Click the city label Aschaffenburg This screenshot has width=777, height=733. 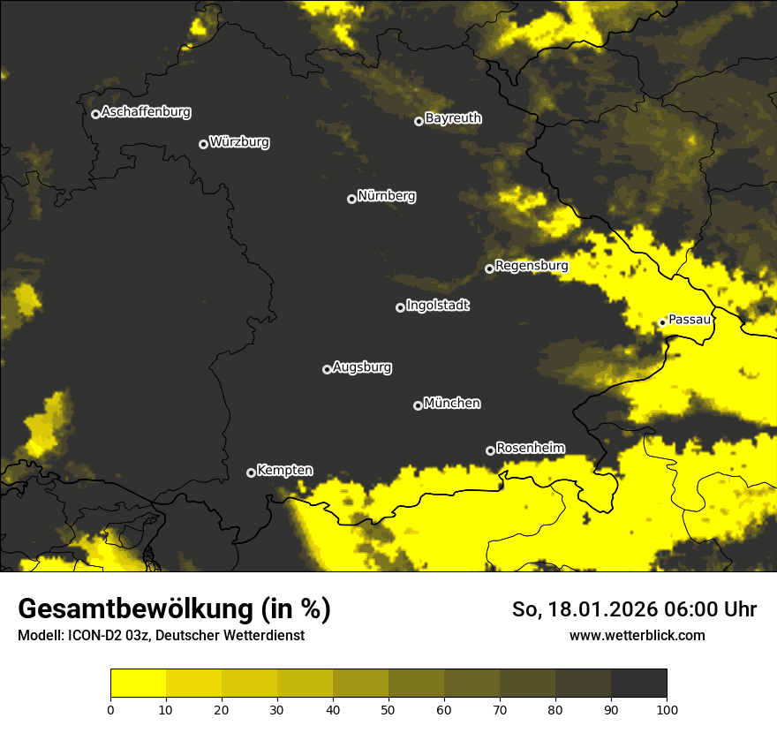[x=146, y=112]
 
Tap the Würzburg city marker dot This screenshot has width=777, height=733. [x=203, y=144]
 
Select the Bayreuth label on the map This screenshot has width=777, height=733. [x=453, y=118]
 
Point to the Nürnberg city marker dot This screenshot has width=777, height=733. [x=351, y=199]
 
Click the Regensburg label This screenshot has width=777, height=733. [x=532, y=266]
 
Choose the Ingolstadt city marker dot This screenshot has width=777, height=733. [x=400, y=307]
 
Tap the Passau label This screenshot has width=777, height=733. [x=690, y=320]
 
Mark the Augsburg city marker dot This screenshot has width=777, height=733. [x=327, y=369]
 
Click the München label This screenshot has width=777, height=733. [x=452, y=404]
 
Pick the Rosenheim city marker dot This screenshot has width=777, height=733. [x=490, y=450]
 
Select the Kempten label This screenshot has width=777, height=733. [x=284, y=471]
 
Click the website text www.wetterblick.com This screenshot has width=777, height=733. [x=637, y=635]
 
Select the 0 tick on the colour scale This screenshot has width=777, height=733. [x=110, y=708]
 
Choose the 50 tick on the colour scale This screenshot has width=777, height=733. [x=388, y=708]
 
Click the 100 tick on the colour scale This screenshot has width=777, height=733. [x=667, y=708]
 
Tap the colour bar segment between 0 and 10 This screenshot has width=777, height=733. [x=138, y=684]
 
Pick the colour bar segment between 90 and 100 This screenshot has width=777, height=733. [x=638, y=684]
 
